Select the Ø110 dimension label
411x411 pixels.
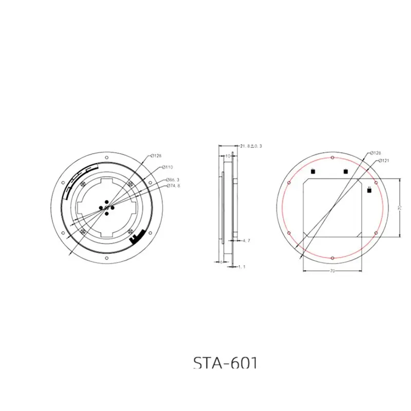[168, 167]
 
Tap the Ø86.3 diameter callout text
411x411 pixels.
[173, 179]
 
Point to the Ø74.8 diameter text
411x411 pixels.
[173, 185]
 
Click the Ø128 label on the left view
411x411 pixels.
[157, 155]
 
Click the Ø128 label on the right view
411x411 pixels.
[376, 153]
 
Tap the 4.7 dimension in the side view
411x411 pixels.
[246, 240]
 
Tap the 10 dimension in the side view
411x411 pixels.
[228, 155]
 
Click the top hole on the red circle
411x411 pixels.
[332, 157]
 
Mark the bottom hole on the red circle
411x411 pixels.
[332, 257]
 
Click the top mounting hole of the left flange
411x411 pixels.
[105, 155]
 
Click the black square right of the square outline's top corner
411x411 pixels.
[369, 191]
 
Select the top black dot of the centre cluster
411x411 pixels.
[105, 201]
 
